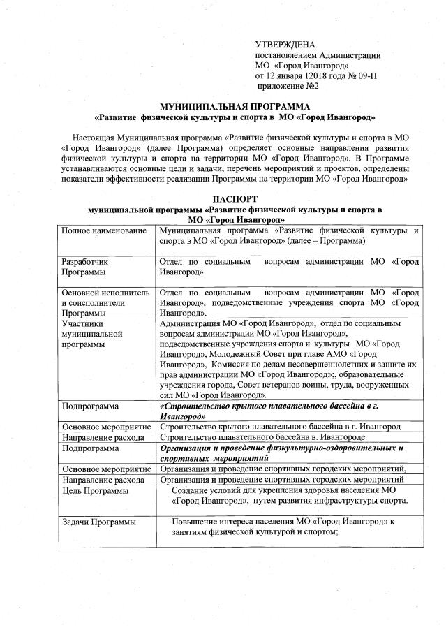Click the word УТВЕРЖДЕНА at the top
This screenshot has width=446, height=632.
pyautogui.click(x=285, y=44)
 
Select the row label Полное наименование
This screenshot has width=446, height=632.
pyautogui.click(x=103, y=230)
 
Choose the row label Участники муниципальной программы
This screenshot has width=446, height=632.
pyautogui.click(x=87, y=335)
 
